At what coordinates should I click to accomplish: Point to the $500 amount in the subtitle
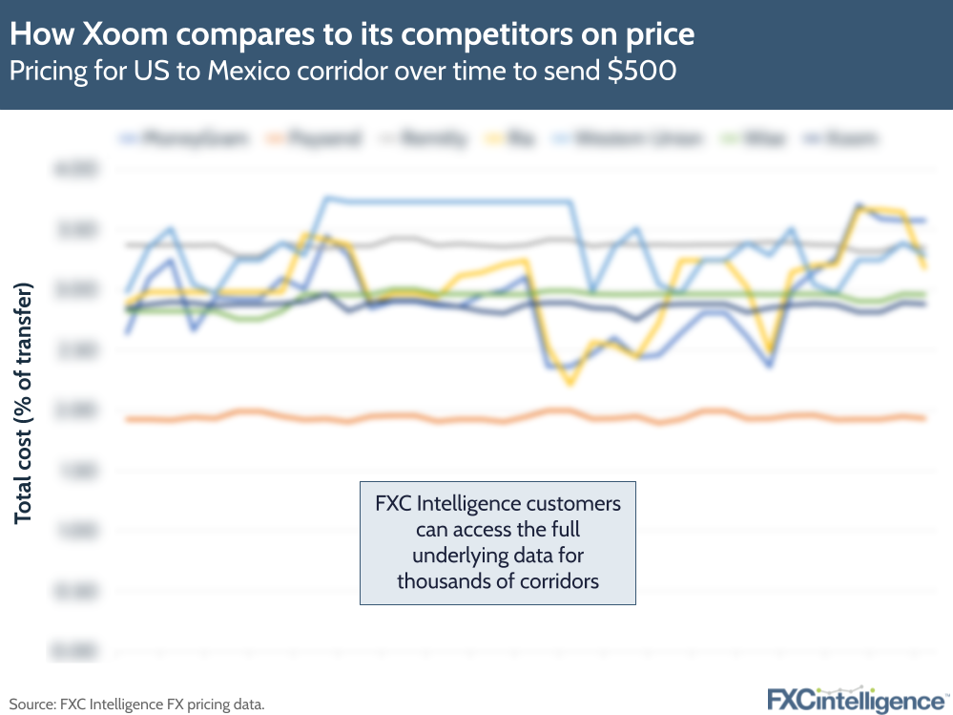[641, 72]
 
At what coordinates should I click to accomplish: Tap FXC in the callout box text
[396, 503]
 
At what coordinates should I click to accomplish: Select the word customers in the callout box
[574, 503]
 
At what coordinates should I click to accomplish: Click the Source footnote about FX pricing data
[136, 704]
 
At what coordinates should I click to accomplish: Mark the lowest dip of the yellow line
[570, 383]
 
